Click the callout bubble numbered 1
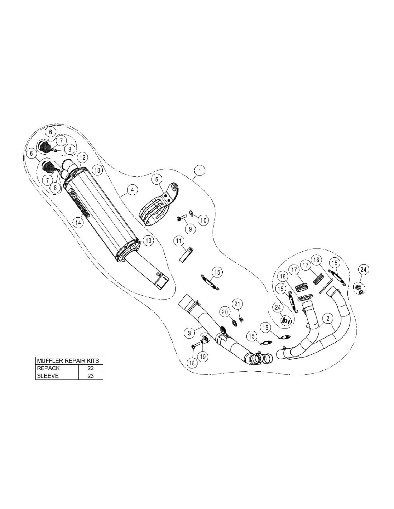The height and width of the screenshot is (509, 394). (x=200, y=171)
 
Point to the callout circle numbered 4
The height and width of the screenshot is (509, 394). (x=132, y=190)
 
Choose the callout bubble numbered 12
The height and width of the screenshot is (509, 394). (x=82, y=157)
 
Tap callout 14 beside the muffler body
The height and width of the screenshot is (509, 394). (x=78, y=222)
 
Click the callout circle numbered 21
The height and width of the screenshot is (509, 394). (x=236, y=304)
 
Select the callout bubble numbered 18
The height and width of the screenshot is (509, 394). (x=192, y=363)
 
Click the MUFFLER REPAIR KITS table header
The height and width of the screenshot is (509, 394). (x=69, y=360)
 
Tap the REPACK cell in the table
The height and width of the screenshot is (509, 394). (x=57, y=368)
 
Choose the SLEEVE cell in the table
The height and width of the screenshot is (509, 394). (x=57, y=376)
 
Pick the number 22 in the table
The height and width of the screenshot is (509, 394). (x=91, y=368)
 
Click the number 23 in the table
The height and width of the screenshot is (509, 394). (x=91, y=376)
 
